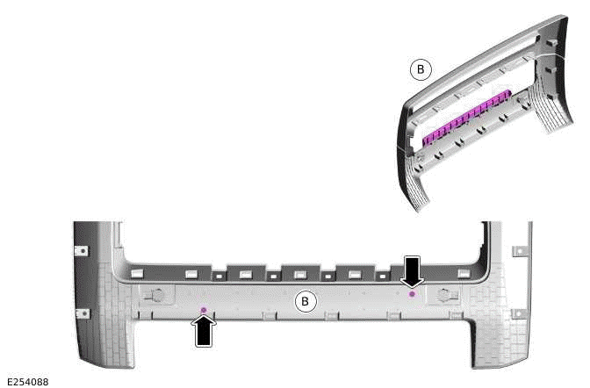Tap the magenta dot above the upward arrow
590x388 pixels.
click(x=204, y=310)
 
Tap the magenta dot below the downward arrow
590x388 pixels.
click(x=412, y=294)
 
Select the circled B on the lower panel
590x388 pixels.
click(x=306, y=302)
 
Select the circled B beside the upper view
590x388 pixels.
click(x=421, y=68)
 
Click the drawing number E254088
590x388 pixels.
click(x=26, y=381)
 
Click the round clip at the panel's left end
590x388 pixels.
click(x=155, y=295)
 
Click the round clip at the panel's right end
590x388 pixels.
click(x=445, y=296)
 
